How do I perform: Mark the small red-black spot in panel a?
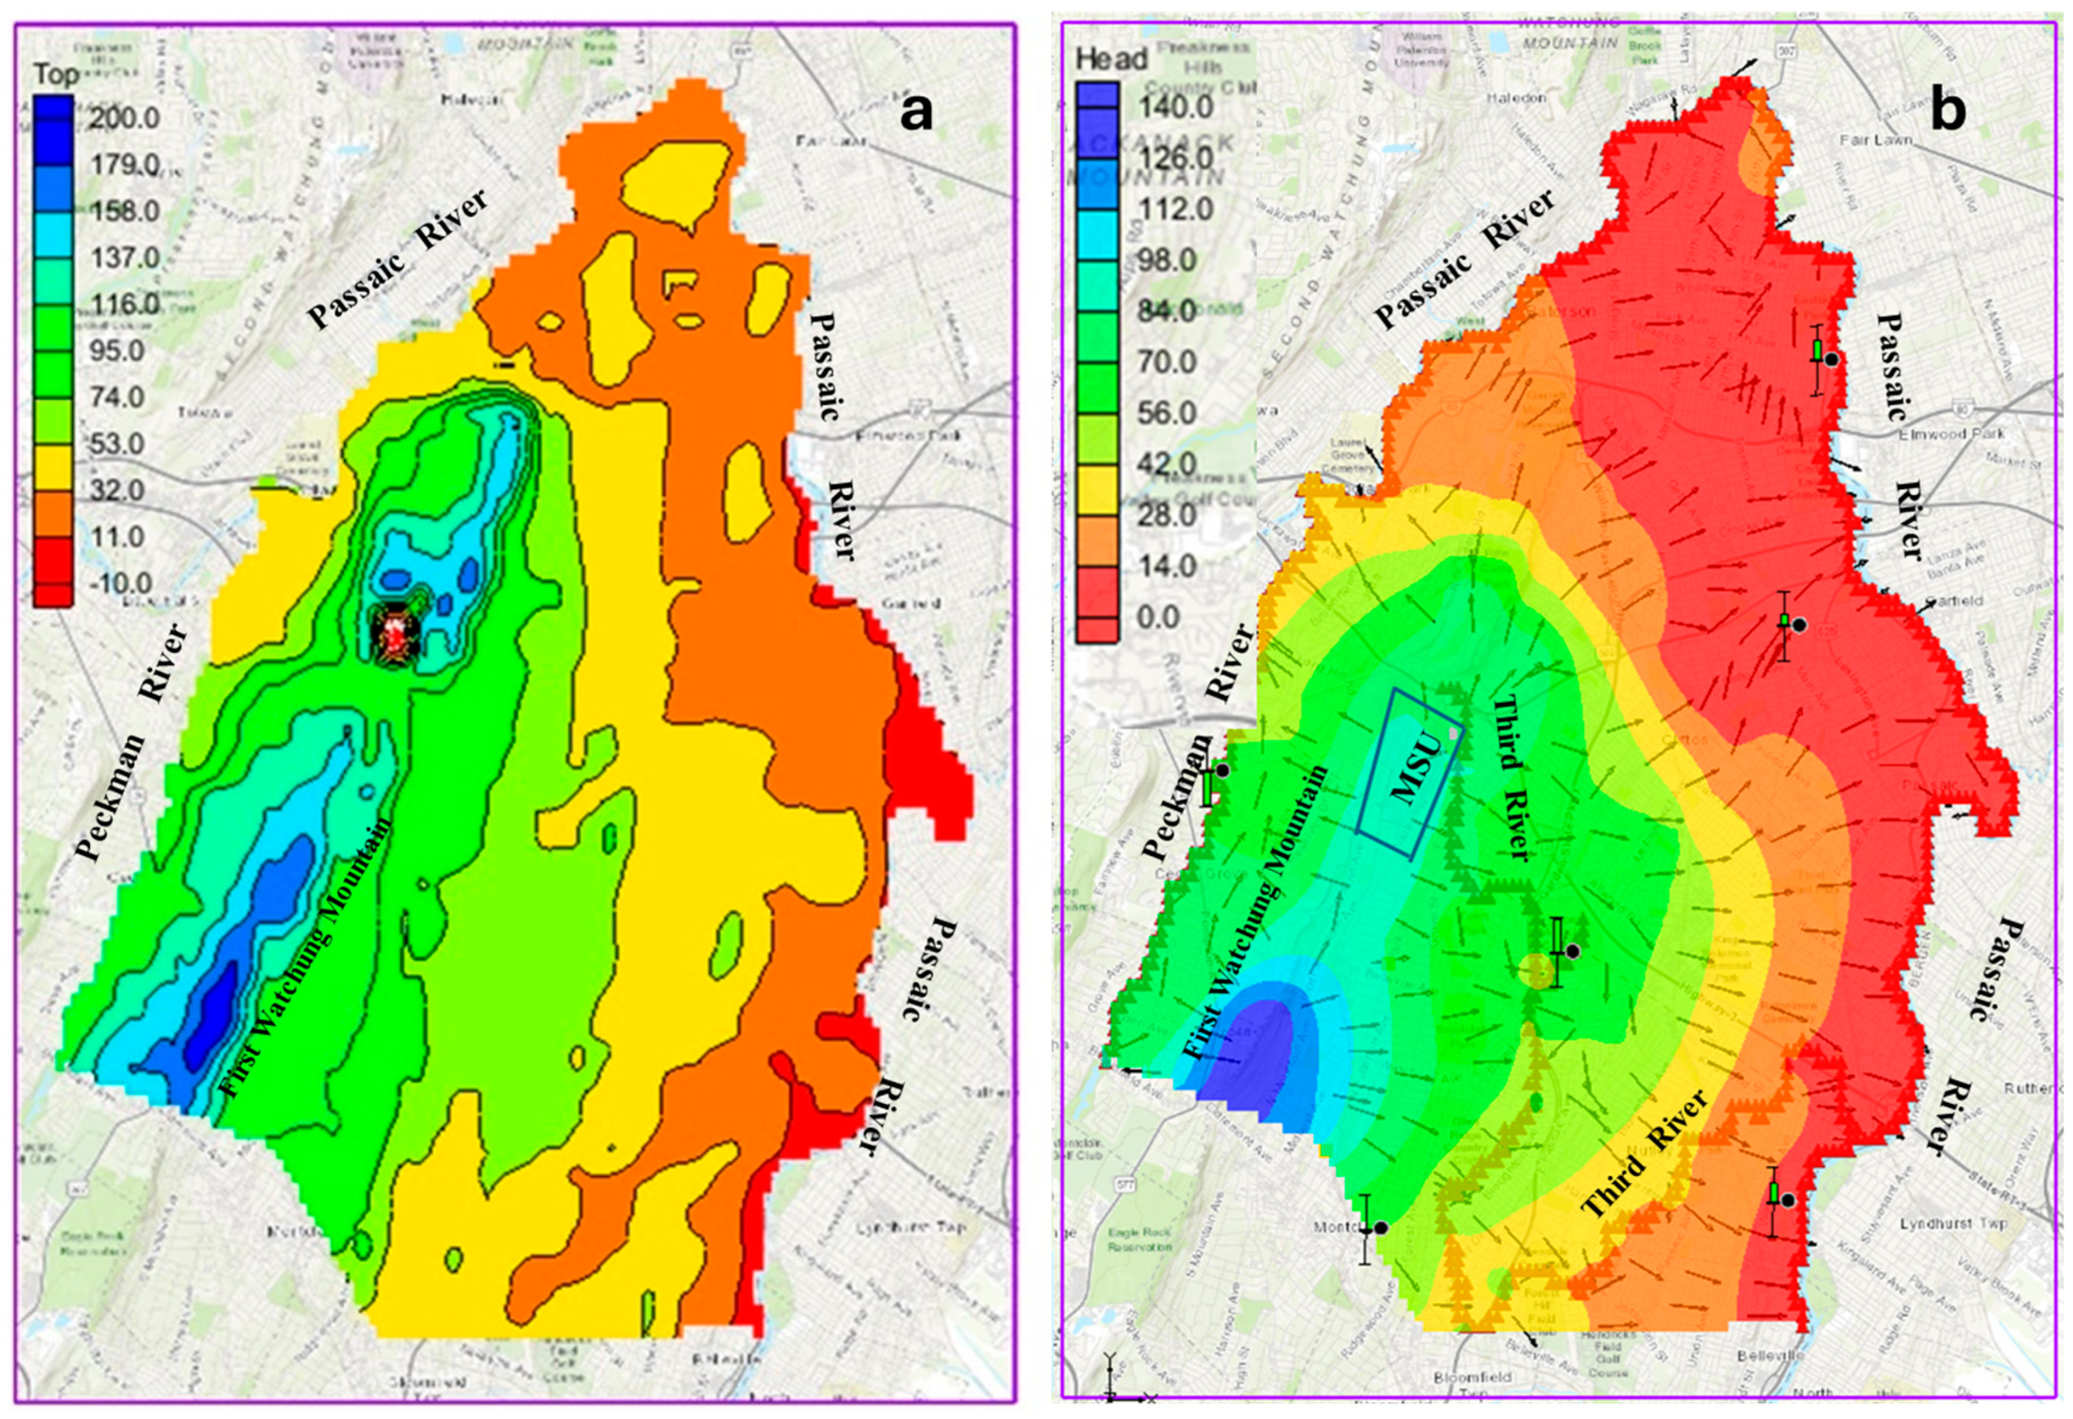(390, 630)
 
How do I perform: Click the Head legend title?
(1112, 59)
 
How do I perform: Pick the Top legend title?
(56, 74)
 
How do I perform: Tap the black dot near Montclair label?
(1381, 1227)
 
